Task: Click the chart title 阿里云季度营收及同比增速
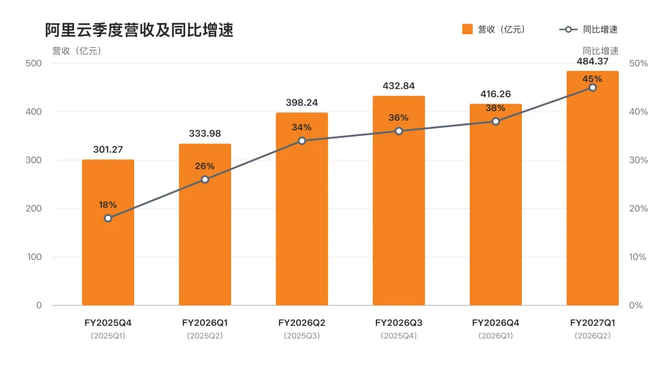[139, 30]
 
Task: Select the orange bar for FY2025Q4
[108, 233]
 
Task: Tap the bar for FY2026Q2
[302, 209]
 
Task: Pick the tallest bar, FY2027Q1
[592, 188]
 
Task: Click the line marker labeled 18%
[108, 218]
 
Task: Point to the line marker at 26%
[205, 179]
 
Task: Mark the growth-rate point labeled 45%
[593, 88]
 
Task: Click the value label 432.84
[399, 86]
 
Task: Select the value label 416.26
[496, 94]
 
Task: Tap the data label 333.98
[205, 133]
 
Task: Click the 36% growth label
[398, 117]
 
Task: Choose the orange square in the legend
[467, 29]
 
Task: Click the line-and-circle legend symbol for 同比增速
[568, 30]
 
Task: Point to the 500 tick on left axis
[34, 63]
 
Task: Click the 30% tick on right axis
[639, 160]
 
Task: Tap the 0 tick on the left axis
[39, 305]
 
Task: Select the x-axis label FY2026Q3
[399, 323]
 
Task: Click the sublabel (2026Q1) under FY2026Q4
[496, 336]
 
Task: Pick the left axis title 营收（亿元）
[77, 52]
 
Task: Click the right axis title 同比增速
[601, 51]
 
